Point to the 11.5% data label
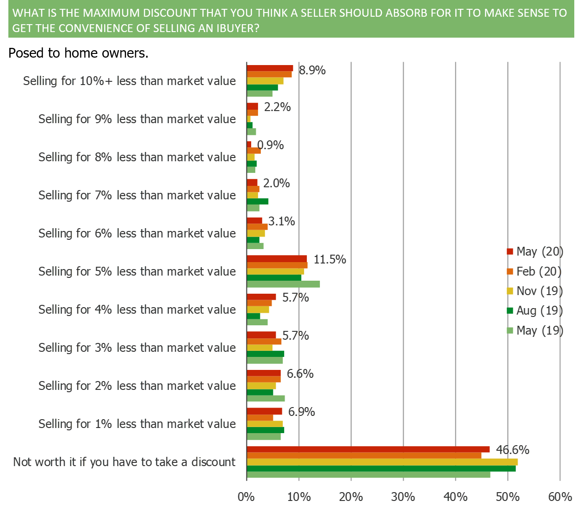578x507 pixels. coord(330,259)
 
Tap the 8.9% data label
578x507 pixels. coord(312,71)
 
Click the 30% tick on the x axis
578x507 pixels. coord(403,497)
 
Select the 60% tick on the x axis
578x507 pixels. coord(560,497)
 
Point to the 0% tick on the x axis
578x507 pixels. coord(246,497)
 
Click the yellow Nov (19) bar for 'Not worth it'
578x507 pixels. coord(382,462)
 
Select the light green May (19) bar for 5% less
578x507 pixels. coord(283,284)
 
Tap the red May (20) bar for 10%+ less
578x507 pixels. coord(270,68)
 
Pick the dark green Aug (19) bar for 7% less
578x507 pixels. coord(258,201)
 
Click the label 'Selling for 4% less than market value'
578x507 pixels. coord(137,309)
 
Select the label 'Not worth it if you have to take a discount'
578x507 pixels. coord(124,462)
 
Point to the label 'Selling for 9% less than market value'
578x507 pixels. coord(137,119)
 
